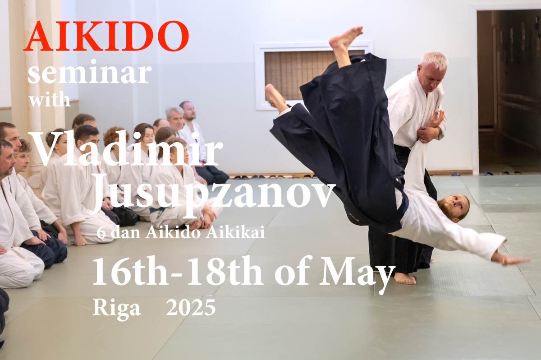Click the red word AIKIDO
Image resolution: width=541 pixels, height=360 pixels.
coord(106,36)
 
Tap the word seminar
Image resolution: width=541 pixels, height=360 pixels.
coord(89,72)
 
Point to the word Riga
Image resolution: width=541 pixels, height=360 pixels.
coord(116,308)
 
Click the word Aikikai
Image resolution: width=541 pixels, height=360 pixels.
coord(235,233)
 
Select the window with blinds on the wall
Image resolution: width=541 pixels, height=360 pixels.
coord(314,75)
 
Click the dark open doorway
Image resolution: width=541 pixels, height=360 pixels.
coord(509,92)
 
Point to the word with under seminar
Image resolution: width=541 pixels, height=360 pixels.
coord(49,100)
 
